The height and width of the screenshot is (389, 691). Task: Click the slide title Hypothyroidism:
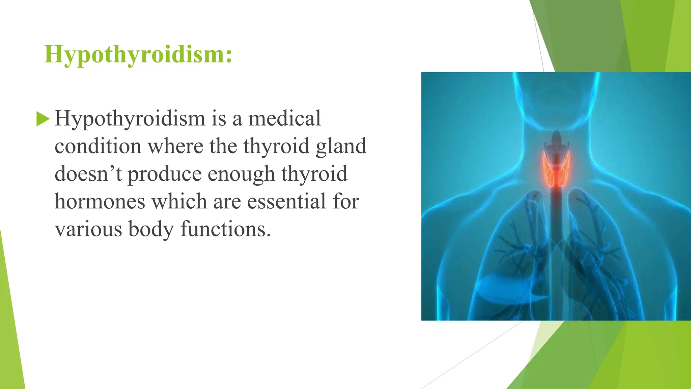coord(138,54)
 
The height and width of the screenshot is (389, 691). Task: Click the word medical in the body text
coord(284,119)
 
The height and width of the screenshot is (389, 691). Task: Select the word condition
coord(98,146)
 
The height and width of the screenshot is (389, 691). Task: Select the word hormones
coord(100,202)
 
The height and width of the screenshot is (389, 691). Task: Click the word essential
coord(286,202)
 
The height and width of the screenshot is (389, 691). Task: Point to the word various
coord(88,229)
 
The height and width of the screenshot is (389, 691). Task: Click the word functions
coord(225,229)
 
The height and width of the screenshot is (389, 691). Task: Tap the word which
coord(179,202)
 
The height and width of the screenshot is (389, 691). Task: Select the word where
coord(175,146)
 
